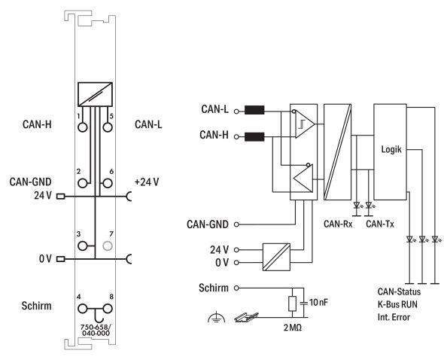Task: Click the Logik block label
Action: click(x=391, y=149)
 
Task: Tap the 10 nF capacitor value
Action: click(x=318, y=303)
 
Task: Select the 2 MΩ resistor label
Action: click(x=293, y=328)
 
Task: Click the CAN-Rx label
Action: click(x=338, y=224)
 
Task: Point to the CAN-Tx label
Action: click(x=380, y=224)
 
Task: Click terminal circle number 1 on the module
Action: click(x=82, y=127)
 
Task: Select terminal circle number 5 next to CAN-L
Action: click(x=108, y=127)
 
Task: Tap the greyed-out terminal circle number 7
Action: click(x=108, y=246)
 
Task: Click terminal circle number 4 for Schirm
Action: click(x=82, y=309)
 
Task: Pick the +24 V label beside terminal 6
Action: click(x=147, y=182)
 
